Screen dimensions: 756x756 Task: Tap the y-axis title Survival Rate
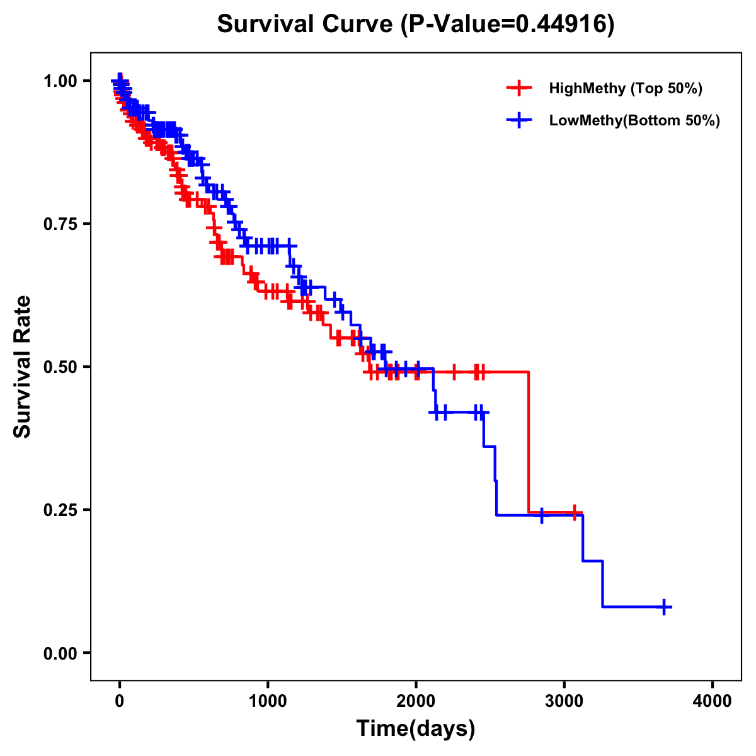click(23, 366)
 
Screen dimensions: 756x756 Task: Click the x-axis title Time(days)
click(416, 729)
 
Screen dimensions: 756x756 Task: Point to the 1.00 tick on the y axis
click(60, 81)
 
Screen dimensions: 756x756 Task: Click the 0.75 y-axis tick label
click(60, 224)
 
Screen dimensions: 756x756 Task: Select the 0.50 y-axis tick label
click(60, 367)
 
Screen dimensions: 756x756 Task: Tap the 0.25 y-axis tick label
click(60, 510)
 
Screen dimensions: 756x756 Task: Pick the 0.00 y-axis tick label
click(60, 653)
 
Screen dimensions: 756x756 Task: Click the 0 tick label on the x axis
click(120, 701)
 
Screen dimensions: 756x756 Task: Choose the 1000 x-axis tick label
click(268, 701)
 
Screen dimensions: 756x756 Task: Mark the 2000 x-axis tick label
click(416, 701)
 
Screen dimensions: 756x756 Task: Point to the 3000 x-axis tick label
click(564, 701)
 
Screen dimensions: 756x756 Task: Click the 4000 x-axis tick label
click(713, 701)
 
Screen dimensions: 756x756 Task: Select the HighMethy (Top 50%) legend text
click(626, 88)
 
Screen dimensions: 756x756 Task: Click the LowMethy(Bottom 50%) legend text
click(634, 120)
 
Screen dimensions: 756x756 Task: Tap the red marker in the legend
click(518, 88)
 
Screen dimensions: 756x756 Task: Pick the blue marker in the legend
click(518, 120)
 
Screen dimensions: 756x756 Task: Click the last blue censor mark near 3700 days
click(664, 607)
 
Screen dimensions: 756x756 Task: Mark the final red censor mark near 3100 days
click(575, 512)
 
